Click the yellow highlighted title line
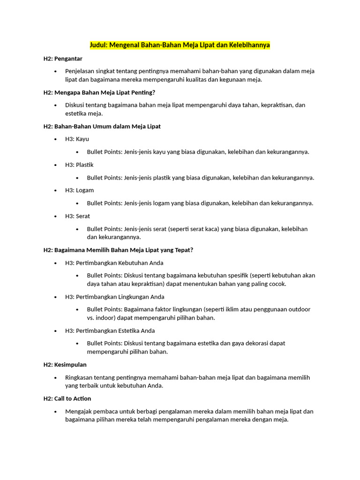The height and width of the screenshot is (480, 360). (x=180, y=45)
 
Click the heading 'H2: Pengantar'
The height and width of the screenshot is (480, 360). (x=63, y=59)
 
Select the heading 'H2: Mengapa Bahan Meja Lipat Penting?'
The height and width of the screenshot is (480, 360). (x=99, y=92)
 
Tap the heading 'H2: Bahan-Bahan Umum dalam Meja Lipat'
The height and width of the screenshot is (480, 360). (x=102, y=127)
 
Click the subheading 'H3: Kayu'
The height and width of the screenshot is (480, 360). (x=77, y=139)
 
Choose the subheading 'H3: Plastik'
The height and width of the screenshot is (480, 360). (x=79, y=165)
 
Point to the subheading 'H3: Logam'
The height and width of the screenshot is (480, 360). (x=79, y=190)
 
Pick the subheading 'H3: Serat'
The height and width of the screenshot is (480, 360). (x=77, y=216)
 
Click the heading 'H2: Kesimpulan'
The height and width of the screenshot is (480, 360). (x=65, y=365)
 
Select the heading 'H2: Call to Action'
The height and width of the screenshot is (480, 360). (x=67, y=398)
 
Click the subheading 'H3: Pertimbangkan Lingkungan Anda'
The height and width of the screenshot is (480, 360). (x=114, y=297)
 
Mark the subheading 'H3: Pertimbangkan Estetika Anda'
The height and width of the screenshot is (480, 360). (x=110, y=330)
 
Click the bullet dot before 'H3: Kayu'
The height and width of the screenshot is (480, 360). (x=56, y=139)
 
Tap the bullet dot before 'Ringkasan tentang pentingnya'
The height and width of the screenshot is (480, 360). (x=56, y=378)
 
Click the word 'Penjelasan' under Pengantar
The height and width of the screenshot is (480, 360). (x=80, y=71)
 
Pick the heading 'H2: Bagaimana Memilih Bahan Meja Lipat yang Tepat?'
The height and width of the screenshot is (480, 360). (x=118, y=250)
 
